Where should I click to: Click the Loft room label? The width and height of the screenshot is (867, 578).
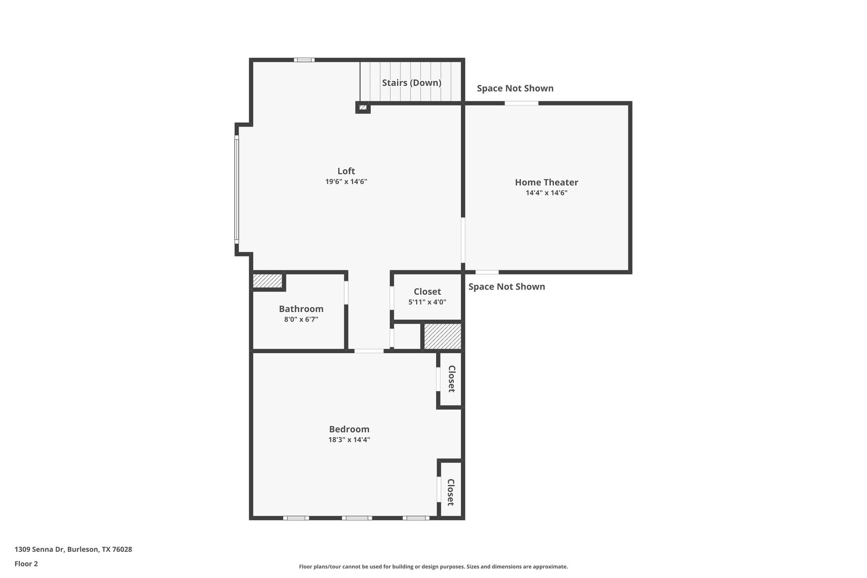(346, 171)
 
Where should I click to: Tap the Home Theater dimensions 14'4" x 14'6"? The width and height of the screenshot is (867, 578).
(546, 193)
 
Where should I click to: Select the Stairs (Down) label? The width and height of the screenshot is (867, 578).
(411, 83)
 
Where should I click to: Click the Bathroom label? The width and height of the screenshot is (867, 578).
(301, 309)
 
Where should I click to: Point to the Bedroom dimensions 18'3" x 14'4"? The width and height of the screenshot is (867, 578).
(349, 440)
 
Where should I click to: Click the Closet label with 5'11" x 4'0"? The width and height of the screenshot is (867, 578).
(427, 292)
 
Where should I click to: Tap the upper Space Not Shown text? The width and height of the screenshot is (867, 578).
(515, 88)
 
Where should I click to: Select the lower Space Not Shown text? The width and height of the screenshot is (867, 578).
(506, 287)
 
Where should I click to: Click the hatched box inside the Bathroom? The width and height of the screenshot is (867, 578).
(268, 281)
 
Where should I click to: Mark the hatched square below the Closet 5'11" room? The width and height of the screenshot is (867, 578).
(442, 337)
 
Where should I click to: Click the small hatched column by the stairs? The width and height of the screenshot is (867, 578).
(363, 108)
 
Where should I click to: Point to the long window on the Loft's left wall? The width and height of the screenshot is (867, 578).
(237, 189)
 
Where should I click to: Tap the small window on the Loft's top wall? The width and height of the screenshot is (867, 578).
(304, 60)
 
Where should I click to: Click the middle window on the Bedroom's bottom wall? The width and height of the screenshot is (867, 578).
(357, 518)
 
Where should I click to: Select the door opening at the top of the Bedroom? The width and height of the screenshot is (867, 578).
(369, 351)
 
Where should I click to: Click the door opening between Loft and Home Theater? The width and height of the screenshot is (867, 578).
(463, 240)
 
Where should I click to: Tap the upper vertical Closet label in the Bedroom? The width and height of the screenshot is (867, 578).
(451, 379)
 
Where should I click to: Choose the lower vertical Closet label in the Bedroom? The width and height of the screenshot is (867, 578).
(450, 492)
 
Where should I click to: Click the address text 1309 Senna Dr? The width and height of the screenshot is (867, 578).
(73, 550)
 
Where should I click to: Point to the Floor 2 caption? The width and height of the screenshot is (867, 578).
(26, 564)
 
